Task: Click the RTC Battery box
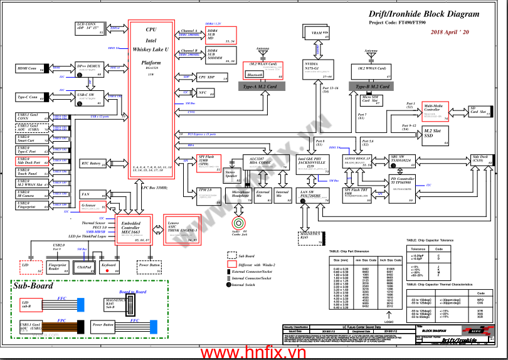(93, 164)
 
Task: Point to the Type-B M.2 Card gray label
(374, 87)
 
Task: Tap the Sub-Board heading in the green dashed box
(33, 287)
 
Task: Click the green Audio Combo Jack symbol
(239, 223)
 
